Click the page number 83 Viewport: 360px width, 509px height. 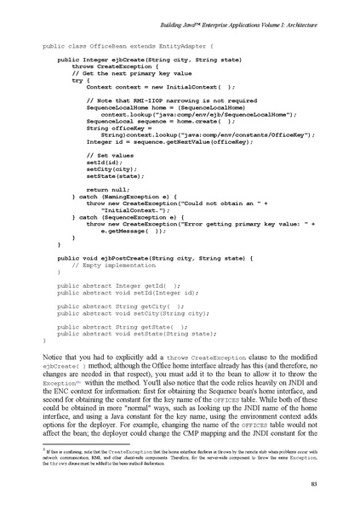click(316, 483)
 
